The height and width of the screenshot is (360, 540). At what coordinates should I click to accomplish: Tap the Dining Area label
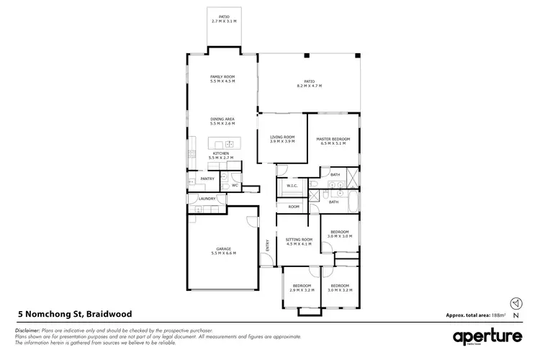click(222, 121)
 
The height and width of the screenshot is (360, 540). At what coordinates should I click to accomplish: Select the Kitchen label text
click(220, 154)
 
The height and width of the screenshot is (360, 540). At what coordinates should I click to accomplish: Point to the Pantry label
click(207, 179)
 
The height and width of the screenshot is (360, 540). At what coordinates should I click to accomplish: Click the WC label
click(235, 185)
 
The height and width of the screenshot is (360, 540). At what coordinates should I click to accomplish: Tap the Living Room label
click(282, 138)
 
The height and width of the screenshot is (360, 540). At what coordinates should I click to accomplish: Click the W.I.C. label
click(292, 186)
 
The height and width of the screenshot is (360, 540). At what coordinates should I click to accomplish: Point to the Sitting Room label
click(299, 240)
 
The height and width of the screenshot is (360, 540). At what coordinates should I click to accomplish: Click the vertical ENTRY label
click(267, 246)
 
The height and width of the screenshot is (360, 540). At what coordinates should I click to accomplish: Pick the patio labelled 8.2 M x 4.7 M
click(309, 84)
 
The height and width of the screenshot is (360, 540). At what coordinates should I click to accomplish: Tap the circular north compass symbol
click(514, 303)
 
